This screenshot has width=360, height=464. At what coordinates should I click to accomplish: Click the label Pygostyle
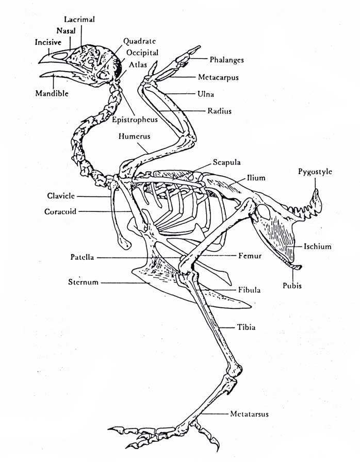[x=315, y=172]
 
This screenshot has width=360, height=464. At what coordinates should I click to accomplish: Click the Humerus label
[x=134, y=137]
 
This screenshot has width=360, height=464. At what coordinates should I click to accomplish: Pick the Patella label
[x=82, y=257]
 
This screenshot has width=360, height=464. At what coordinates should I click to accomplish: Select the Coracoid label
[x=61, y=211]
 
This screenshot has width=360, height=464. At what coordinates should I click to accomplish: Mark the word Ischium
[x=317, y=246]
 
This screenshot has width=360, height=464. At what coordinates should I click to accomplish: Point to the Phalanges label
[x=227, y=60]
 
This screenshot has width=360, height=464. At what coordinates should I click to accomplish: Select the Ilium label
[x=256, y=178]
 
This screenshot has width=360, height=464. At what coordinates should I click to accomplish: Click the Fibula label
[x=249, y=290]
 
